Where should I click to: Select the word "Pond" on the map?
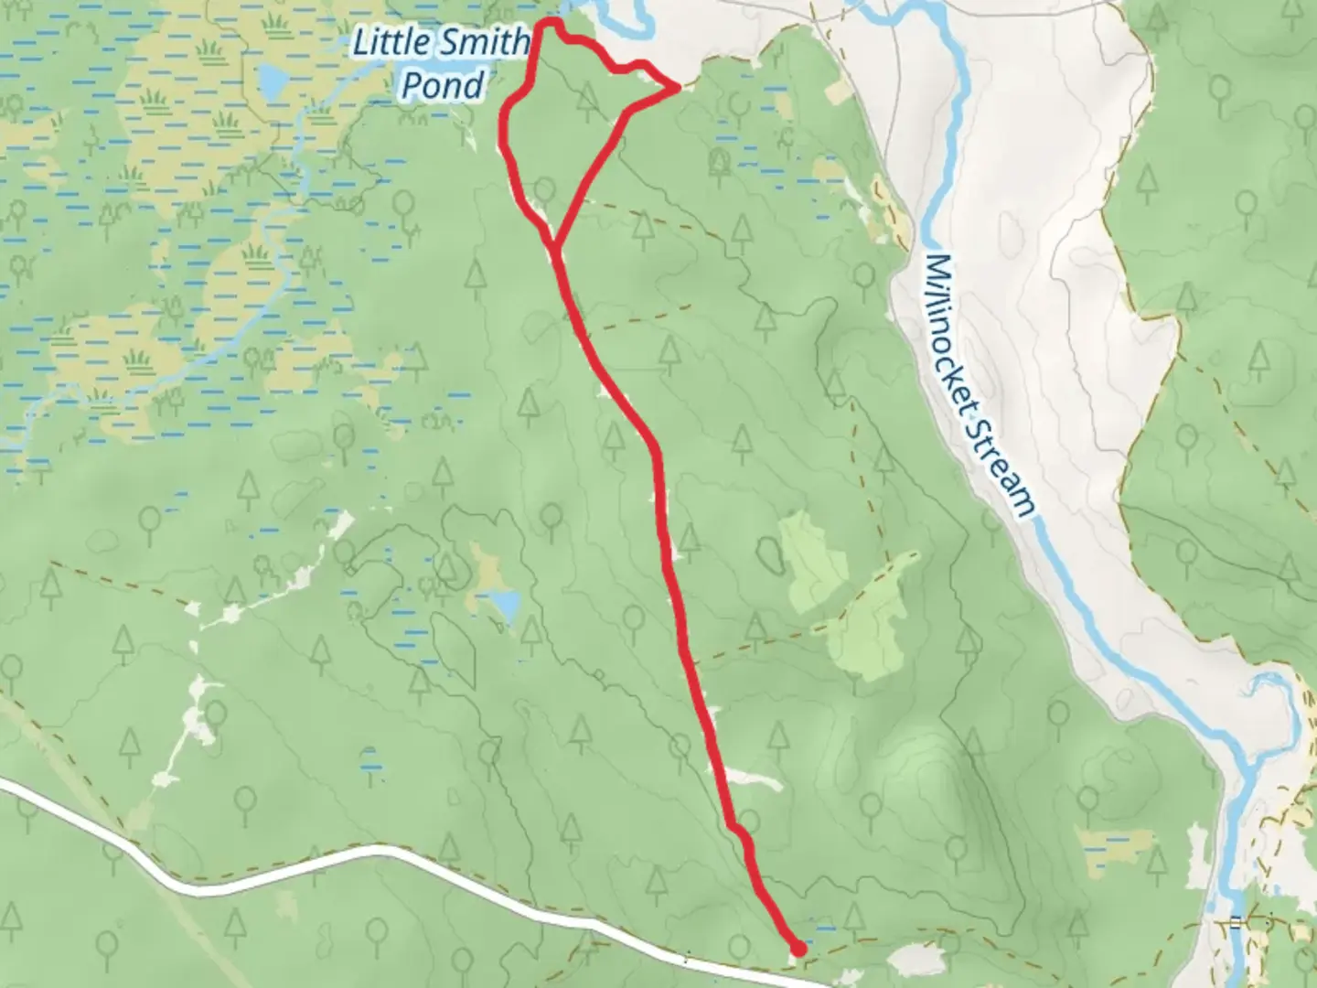point(444,85)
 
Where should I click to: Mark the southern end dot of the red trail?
point(798,950)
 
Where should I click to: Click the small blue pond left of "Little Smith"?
point(272,82)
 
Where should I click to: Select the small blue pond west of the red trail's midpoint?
point(502,604)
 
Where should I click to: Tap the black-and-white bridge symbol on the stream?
point(1237,922)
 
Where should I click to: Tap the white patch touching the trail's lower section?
point(755,779)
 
